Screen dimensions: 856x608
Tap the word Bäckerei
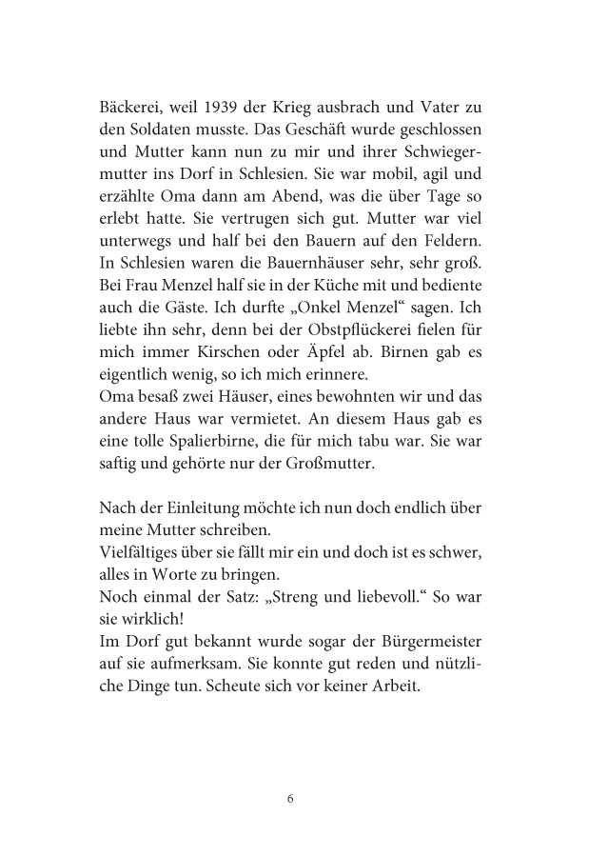click(x=132, y=103)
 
